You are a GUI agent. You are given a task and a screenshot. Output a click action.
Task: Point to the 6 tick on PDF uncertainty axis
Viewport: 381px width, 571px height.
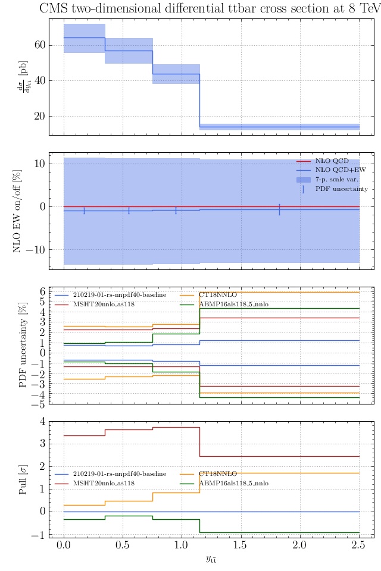pyautogui.click(x=42, y=291)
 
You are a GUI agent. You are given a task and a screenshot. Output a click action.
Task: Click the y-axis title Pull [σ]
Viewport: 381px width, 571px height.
pyautogui.click(x=23, y=479)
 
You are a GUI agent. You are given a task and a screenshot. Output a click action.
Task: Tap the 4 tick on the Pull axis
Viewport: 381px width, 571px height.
pyautogui.click(x=42, y=421)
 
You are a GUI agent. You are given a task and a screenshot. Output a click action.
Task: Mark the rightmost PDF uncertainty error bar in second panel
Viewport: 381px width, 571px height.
pyautogui.click(x=279, y=209)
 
